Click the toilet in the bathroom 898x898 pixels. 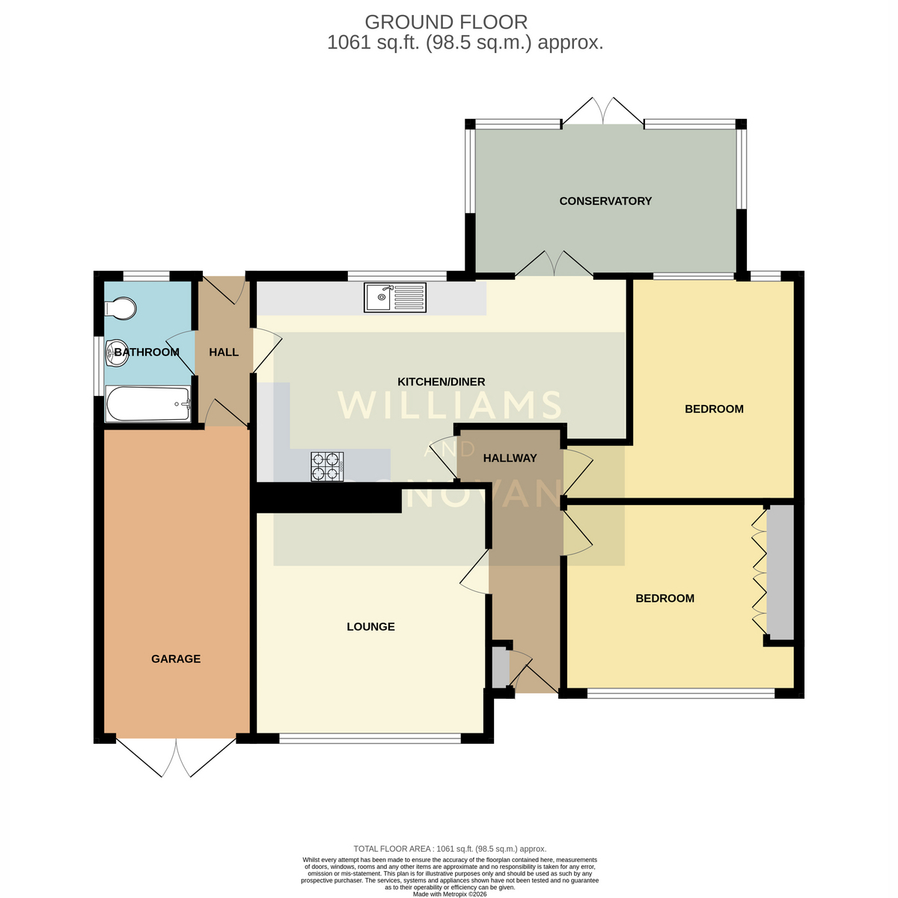click(120, 308)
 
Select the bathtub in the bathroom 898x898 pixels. click(148, 403)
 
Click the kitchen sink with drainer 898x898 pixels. click(394, 297)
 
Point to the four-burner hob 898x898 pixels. click(327, 466)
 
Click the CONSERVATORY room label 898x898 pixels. click(605, 201)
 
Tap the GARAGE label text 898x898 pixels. click(176, 659)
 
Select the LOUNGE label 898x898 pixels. click(370, 626)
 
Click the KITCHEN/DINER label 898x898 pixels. click(441, 382)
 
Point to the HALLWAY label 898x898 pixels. click(510, 458)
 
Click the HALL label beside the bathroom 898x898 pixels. click(224, 352)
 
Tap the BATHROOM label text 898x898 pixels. click(147, 352)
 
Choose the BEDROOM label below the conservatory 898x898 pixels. click(714, 409)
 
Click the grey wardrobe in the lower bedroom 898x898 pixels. click(781, 572)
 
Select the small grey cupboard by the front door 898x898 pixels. click(501, 667)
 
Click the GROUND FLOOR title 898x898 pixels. click(446, 22)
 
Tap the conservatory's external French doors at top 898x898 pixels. click(602, 111)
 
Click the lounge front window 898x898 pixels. click(370, 738)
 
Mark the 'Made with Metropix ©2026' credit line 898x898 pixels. click(450, 894)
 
